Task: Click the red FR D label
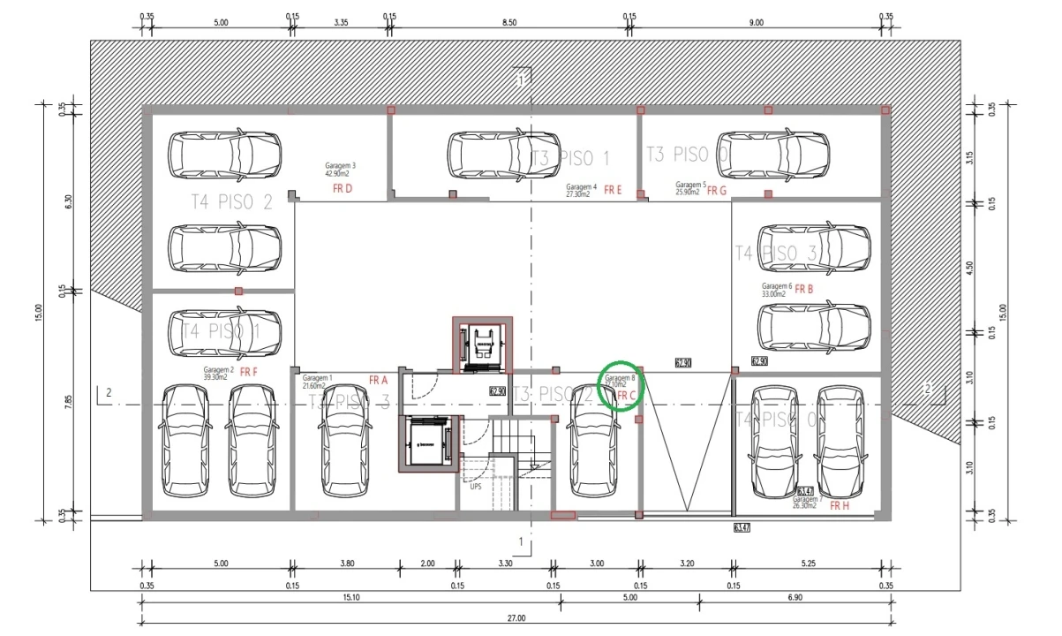342,189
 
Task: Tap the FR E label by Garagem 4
613,190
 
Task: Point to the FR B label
803,289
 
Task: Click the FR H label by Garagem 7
840,506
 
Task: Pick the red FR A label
378,381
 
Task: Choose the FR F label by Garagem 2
248,372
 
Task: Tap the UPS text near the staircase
476,486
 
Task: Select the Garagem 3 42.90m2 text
341,169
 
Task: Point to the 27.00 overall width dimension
516,618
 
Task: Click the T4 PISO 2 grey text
232,201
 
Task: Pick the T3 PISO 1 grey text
570,158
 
